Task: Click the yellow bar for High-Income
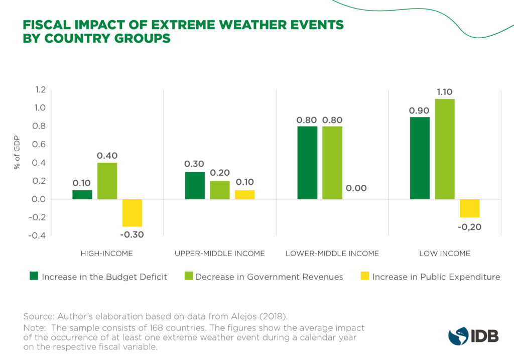point(132,213)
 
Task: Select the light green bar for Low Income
point(445,149)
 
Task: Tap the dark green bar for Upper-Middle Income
point(195,186)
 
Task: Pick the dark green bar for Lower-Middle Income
point(307,163)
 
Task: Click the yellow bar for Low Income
point(470,208)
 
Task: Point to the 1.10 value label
point(445,92)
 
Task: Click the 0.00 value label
point(356,189)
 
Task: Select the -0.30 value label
point(132,234)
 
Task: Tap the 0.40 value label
point(107,156)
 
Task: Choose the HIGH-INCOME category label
point(106,254)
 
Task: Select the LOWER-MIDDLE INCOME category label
point(332,254)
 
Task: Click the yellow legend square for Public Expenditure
point(365,276)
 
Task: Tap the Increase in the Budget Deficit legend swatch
point(34,276)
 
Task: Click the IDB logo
point(473,335)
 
